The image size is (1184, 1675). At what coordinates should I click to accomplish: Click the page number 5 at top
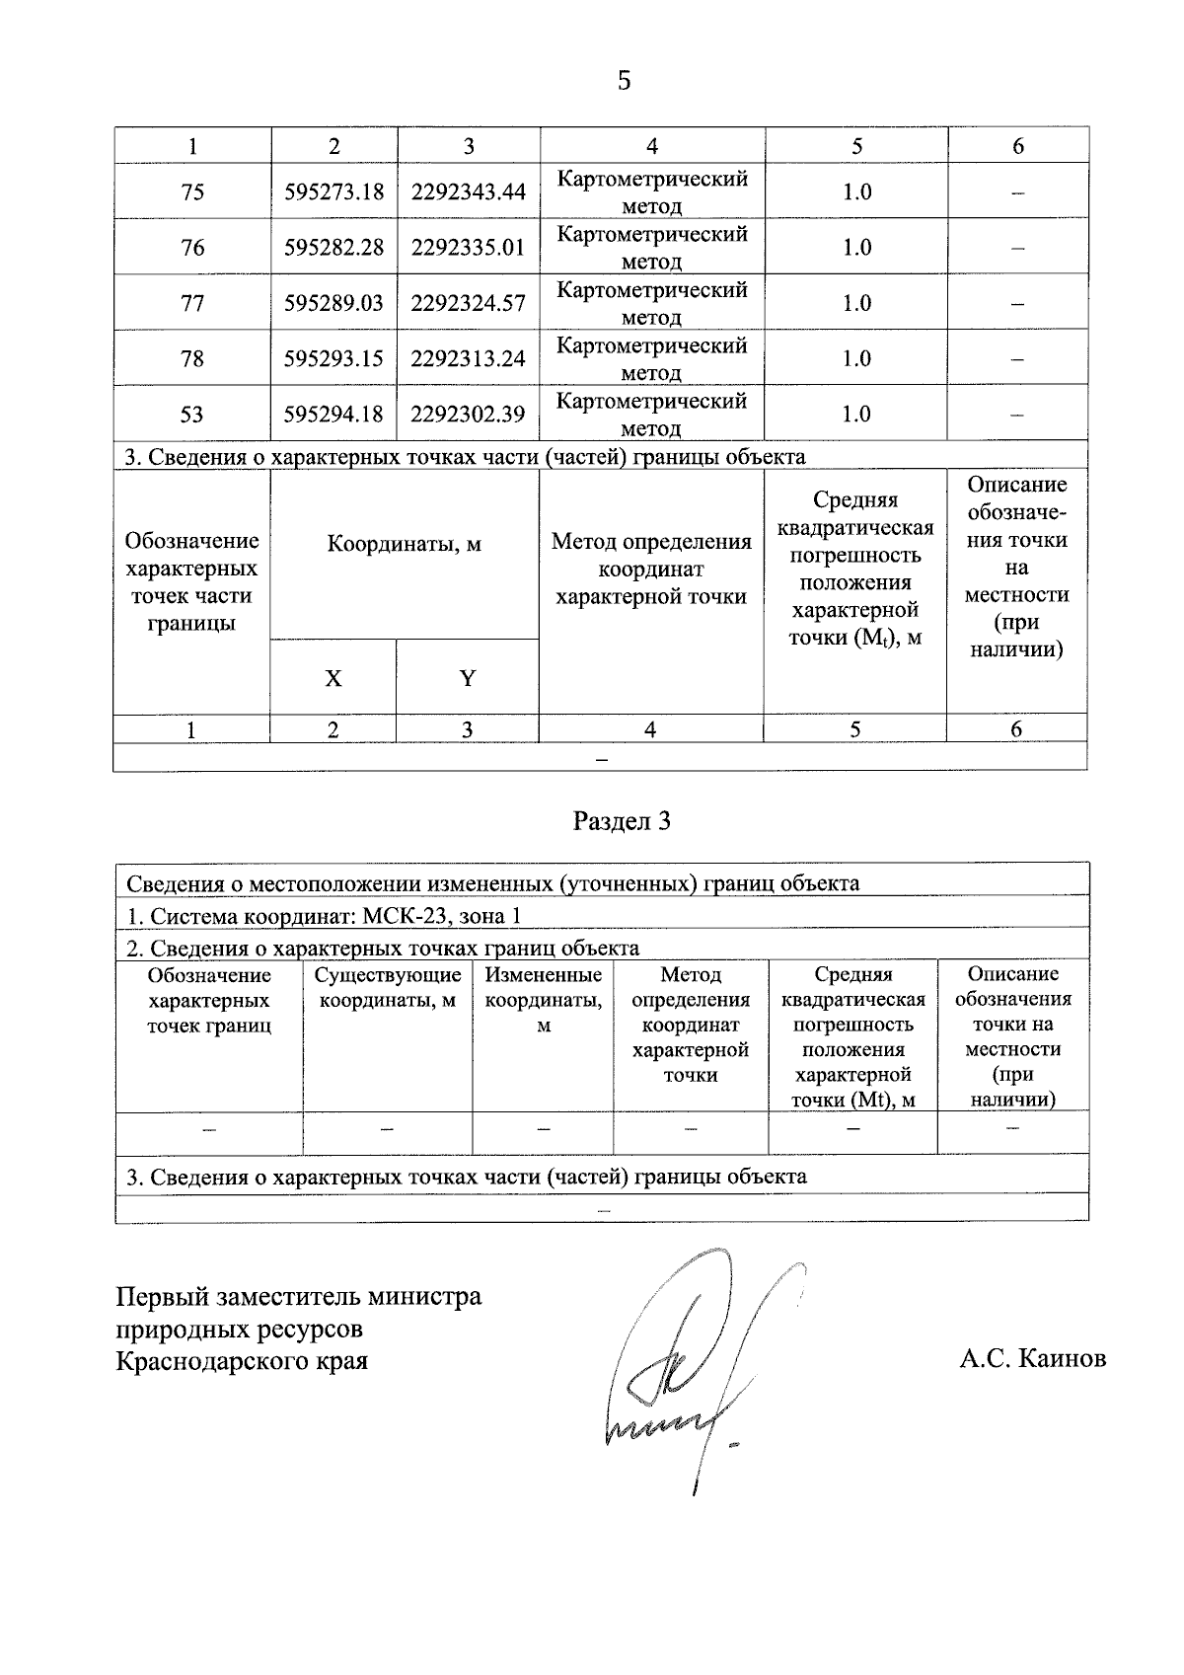click(x=624, y=81)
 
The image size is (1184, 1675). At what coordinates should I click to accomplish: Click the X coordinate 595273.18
click(x=333, y=191)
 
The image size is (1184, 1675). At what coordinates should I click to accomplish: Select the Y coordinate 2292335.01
click(x=468, y=247)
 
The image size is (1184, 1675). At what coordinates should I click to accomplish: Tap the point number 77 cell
click(x=192, y=303)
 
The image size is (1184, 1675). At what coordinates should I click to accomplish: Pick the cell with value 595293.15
click(x=333, y=358)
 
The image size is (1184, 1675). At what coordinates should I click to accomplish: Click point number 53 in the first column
click(x=192, y=414)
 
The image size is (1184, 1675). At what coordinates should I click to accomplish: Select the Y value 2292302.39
click(x=468, y=414)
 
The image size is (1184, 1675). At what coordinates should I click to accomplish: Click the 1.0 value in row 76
click(x=856, y=247)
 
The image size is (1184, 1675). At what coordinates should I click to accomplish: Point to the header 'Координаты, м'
click(x=405, y=544)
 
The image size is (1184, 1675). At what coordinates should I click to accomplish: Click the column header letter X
click(x=333, y=678)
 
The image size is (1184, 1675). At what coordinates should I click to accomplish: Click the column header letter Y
click(x=468, y=678)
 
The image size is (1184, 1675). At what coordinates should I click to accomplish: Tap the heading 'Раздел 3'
click(x=622, y=821)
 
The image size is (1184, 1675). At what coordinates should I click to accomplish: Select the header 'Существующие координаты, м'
click(x=388, y=988)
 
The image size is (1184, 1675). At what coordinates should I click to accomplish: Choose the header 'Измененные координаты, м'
click(x=544, y=999)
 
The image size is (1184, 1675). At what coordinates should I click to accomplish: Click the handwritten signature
click(x=681, y=1372)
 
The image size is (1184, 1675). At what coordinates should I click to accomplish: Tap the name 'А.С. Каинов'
click(x=1032, y=1359)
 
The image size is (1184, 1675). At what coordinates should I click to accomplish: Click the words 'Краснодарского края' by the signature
click(x=242, y=1361)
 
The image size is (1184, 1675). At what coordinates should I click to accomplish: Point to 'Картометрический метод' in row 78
click(x=651, y=358)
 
